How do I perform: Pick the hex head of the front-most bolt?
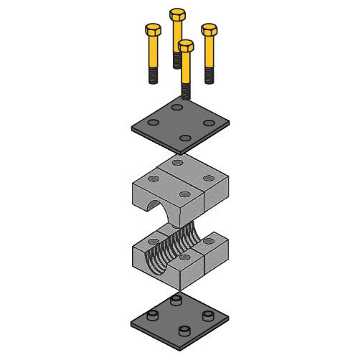tap(186, 46)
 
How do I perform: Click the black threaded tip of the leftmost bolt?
tap(153, 75)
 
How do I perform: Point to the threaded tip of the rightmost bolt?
tap(209, 75)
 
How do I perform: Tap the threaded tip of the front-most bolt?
tap(186, 91)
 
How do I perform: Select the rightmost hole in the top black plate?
tap(209, 122)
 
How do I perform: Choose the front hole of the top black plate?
tap(184, 138)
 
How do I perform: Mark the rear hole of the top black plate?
tap(176, 107)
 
